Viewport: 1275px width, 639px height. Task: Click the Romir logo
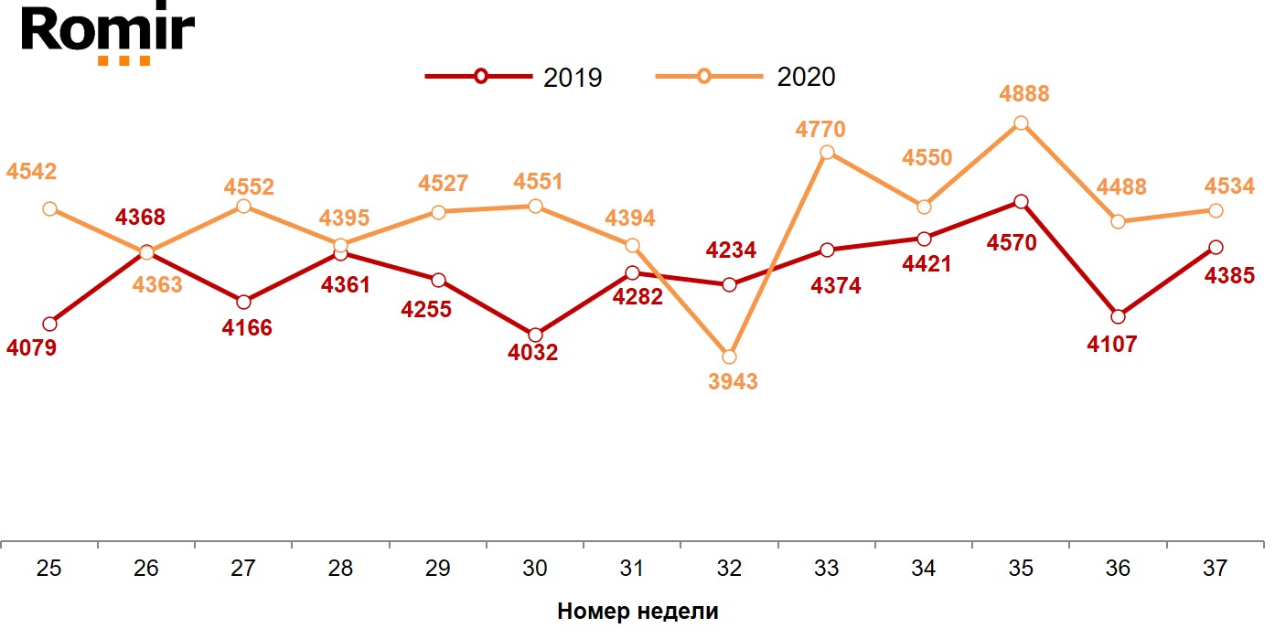tap(108, 34)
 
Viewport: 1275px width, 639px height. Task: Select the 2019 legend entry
tap(515, 77)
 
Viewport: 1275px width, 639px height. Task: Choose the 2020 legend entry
tap(746, 77)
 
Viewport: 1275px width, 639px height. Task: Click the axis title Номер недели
tap(637, 612)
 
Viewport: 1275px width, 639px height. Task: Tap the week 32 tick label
tap(729, 569)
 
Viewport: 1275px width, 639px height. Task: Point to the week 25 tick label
tap(49, 569)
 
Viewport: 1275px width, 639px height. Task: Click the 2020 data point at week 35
tap(1021, 123)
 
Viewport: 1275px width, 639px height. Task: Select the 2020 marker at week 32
tap(729, 357)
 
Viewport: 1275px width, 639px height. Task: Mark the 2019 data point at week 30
tap(535, 335)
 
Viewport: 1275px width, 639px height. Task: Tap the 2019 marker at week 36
tap(1118, 316)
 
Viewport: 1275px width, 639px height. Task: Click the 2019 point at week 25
tap(49, 324)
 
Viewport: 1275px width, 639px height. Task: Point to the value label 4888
tap(1024, 94)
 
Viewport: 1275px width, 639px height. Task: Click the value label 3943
tap(733, 382)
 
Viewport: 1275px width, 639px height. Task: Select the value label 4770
tap(820, 129)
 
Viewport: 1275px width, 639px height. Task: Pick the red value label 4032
tap(532, 353)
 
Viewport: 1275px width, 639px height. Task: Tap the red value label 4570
tap(1012, 244)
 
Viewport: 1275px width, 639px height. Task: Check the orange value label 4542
tap(32, 172)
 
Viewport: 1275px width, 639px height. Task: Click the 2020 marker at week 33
tap(827, 153)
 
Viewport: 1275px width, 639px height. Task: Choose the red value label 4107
tap(1111, 346)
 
